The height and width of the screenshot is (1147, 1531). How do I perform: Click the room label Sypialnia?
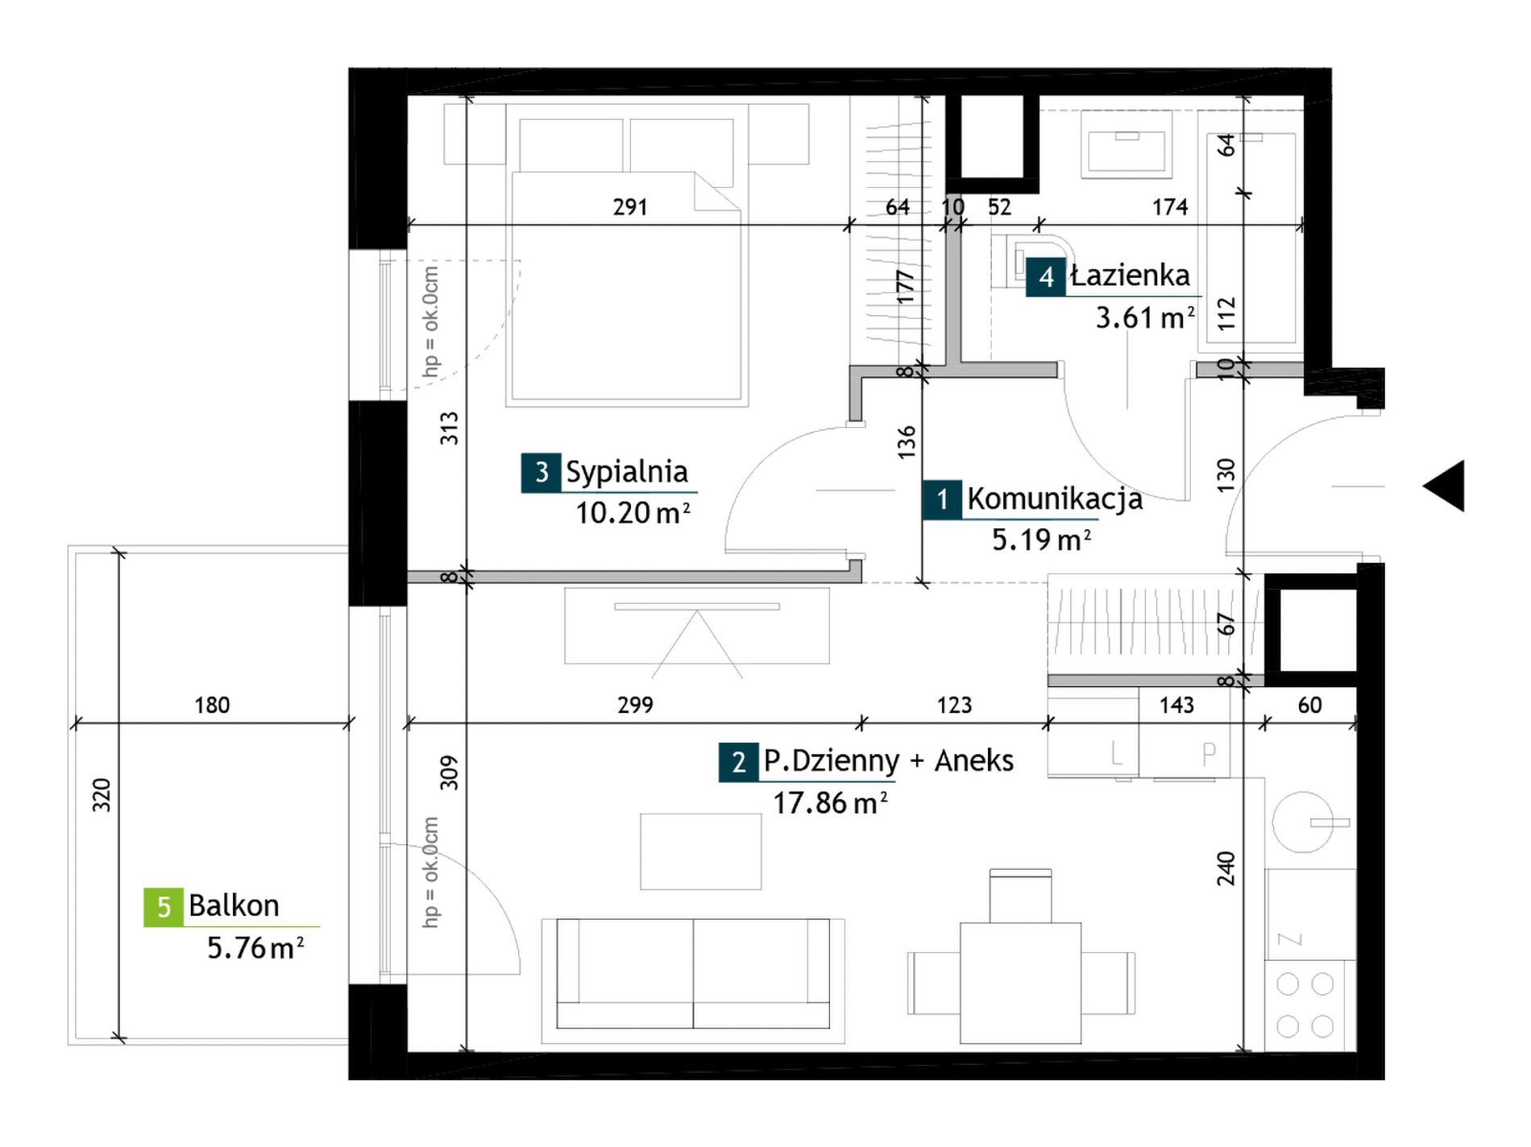click(x=627, y=472)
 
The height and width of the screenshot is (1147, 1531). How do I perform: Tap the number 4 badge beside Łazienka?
click(x=1046, y=277)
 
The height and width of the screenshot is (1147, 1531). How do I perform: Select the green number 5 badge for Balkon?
click(x=164, y=907)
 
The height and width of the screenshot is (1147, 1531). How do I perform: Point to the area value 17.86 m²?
click(x=830, y=803)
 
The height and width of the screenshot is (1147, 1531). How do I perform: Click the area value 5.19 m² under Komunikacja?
click(x=1041, y=540)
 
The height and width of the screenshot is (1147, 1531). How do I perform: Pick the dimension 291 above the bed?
click(x=630, y=207)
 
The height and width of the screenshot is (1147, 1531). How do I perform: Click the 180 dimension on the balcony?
click(x=212, y=706)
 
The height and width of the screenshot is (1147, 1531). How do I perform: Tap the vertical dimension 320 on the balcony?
click(x=102, y=795)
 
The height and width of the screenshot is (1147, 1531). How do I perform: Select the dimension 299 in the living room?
click(x=635, y=706)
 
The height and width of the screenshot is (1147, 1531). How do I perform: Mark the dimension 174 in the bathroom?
click(x=1170, y=207)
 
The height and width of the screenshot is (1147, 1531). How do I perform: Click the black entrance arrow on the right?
click(x=1444, y=486)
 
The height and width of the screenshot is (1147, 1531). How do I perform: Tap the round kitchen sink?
click(x=1303, y=822)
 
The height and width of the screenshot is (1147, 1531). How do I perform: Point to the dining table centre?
click(x=1020, y=983)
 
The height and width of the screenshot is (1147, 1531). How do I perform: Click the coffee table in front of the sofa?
click(x=701, y=851)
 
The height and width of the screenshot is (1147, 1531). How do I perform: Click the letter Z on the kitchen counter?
click(x=1290, y=939)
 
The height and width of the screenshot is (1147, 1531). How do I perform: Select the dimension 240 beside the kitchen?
click(x=1226, y=868)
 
